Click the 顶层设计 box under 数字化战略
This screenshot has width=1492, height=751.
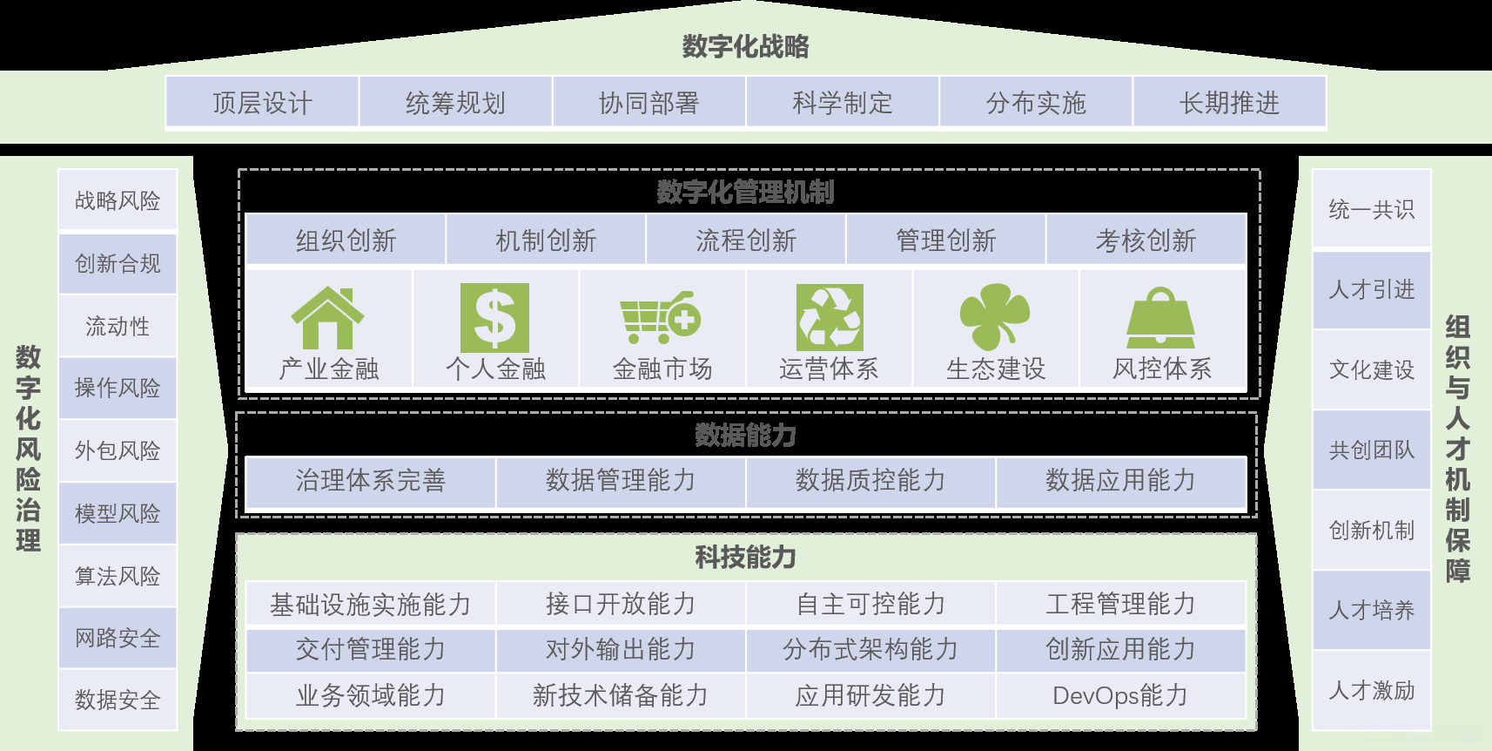(x=262, y=103)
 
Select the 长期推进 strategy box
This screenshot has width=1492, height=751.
(x=1229, y=103)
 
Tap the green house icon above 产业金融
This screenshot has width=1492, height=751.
(x=327, y=318)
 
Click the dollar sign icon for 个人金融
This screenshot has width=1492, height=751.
(x=494, y=318)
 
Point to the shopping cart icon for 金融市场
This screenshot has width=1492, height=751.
(x=661, y=317)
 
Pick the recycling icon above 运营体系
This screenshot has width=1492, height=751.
(x=830, y=318)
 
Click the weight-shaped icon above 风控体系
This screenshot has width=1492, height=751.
(x=1161, y=318)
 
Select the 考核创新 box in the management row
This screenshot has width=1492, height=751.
(x=1146, y=240)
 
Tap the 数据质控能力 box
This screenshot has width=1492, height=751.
(x=870, y=480)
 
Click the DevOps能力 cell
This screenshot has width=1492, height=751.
(x=1120, y=695)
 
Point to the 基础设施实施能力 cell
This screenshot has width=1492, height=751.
(x=371, y=604)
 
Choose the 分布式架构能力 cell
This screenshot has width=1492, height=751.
(x=870, y=649)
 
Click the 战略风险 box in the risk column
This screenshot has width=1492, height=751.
(x=118, y=200)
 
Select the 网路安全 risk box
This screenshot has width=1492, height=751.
(x=118, y=638)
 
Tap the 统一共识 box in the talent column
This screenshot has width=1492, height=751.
(x=1372, y=209)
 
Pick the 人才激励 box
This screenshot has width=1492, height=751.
(x=1372, y=690)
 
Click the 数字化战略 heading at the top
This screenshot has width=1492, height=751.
(x=746, y=46)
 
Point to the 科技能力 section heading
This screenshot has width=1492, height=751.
(x=746, y=557)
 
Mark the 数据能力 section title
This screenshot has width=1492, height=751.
(x=746, y=435)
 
